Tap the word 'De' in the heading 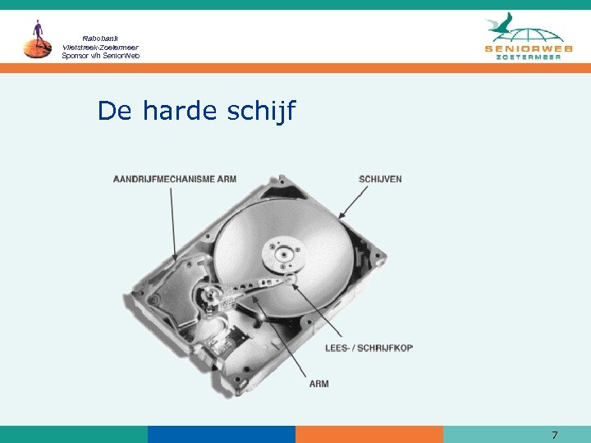(116, 111)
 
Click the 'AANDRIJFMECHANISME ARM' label (174, 179)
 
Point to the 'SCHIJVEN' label (381, 179)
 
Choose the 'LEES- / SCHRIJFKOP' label (369, 348)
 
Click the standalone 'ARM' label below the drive (318, 384)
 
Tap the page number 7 (555, 435)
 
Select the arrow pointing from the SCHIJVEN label (353, 201)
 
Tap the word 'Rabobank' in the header (101, 39)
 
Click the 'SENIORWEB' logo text (529, 50)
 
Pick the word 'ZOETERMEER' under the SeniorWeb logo (529, 60)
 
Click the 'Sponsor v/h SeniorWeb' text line (101, 56)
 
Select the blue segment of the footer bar (221, 434)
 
